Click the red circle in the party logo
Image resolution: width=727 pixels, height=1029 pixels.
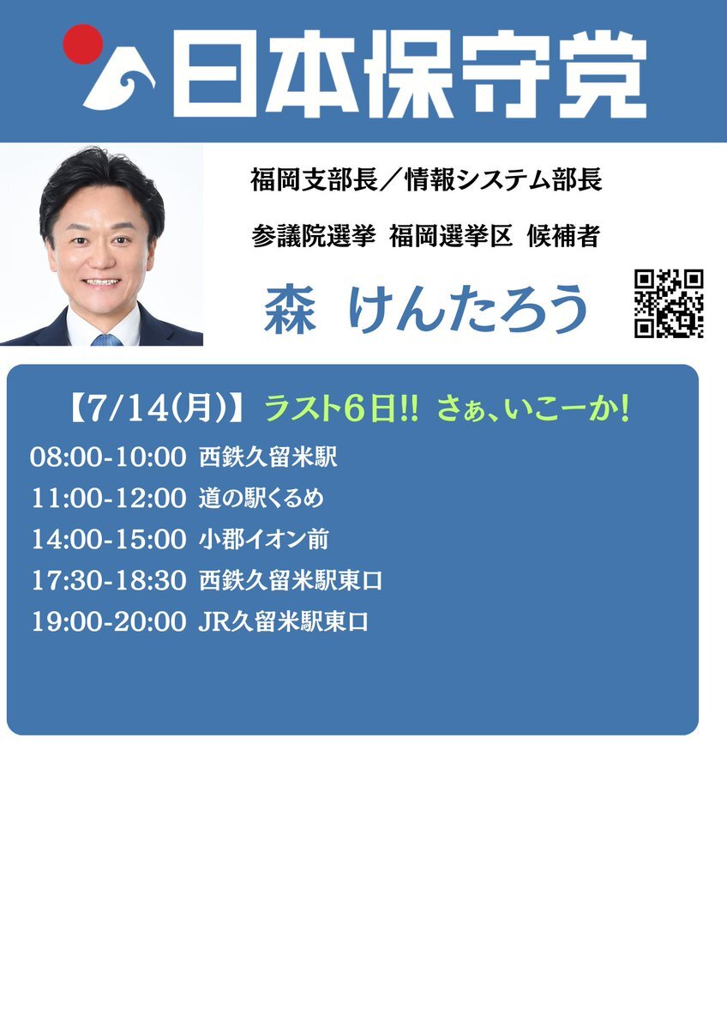tap(83, 44)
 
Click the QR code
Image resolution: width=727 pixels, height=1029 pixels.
tap(669, 303)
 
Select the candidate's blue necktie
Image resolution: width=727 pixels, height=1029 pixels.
tap(106, 339)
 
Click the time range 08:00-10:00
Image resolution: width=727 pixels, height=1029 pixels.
tap(109, 457)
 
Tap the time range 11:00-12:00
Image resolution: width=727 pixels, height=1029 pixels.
tap(109, 499)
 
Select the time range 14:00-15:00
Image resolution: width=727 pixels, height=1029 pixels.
tap(109, 540)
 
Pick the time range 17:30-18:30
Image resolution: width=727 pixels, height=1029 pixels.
tap(109, 581)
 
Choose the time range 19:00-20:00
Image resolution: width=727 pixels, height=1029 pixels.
tap(109, 621)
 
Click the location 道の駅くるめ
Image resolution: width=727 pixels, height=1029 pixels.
tap(261, 498)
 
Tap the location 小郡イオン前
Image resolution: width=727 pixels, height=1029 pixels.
tap(263, 540)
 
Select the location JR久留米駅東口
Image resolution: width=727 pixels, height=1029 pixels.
tap(283, 621)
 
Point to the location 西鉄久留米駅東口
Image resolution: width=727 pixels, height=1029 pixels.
tap(291, 581)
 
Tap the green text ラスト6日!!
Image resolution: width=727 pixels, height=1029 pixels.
tap(341, 409)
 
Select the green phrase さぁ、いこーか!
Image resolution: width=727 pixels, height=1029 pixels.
tap(533, 409)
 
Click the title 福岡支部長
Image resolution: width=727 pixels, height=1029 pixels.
tap(314, 179)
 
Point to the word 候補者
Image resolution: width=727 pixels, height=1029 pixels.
tap(563, 236)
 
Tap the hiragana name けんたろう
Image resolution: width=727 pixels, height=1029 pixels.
tap(468, 308)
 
